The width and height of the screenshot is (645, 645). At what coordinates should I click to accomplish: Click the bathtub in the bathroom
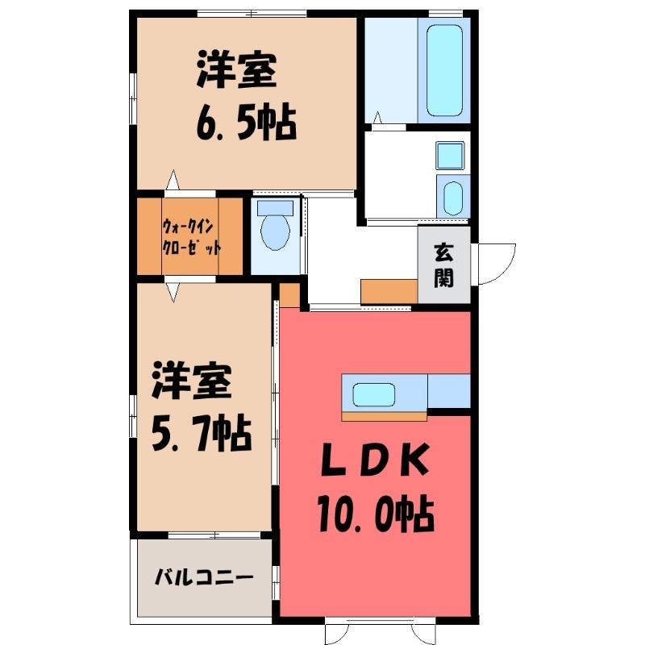[444, 70]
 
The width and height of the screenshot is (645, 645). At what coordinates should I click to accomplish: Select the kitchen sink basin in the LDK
[374, 395]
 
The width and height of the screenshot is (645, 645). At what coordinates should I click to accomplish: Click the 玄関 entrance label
[443, 265]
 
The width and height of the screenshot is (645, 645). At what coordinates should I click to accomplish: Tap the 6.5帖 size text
[247, 123]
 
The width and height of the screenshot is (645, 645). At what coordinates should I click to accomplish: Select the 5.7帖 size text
[202, 434]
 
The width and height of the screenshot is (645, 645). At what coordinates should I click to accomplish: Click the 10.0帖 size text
[376, 514]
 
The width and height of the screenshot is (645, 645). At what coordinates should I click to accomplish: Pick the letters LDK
[375, 460]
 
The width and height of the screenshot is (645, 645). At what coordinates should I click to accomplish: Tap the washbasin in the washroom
[453, 198]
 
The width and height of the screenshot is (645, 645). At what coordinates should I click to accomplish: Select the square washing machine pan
[450, 156]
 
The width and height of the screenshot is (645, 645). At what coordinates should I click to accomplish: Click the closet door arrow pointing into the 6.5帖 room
[173, 180]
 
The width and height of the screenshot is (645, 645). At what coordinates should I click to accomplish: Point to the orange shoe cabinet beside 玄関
[389, 292]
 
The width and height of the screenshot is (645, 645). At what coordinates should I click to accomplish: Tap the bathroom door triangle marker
[377, 118]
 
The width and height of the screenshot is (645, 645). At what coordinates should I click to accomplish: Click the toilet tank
[275, 208]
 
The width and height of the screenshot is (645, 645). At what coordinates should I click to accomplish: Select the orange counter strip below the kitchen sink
[385, 417]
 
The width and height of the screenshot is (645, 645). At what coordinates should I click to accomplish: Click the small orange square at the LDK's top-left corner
[290, 295]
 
